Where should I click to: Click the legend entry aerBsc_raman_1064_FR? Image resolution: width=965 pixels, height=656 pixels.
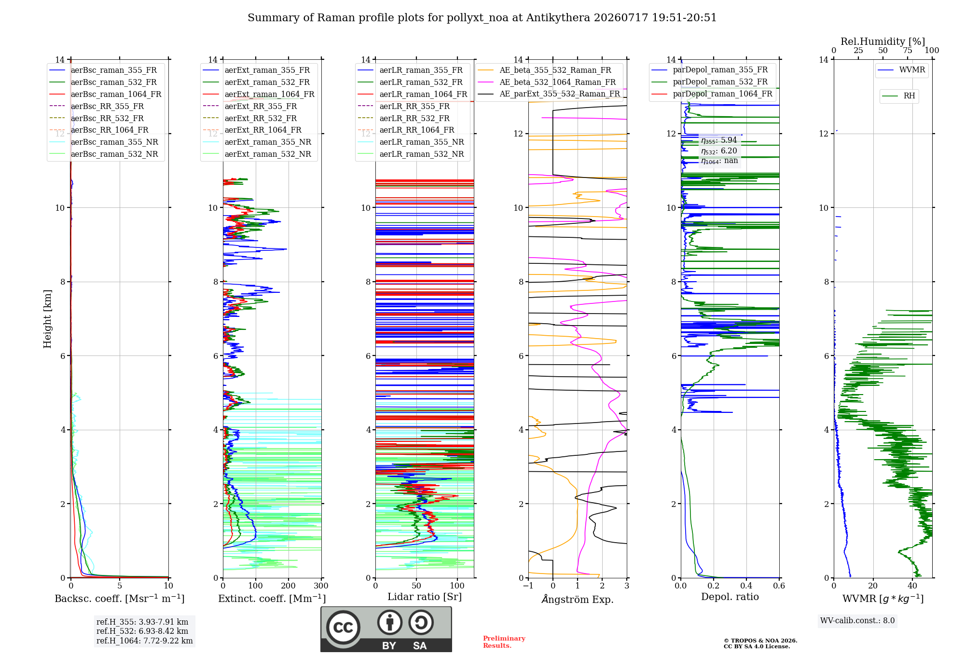tap(105, 94)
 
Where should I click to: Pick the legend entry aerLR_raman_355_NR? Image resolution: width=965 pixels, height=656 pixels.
tap(411, 142)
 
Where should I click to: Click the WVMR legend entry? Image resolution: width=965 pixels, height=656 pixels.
tap(901, 70)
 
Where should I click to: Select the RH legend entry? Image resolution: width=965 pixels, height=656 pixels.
tap(898, 96)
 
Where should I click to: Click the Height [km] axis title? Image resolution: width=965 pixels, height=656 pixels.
tap(47, 319)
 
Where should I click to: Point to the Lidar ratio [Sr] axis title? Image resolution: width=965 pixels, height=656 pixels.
tap(425, 597)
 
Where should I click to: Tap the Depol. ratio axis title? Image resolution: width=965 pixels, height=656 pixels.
tap(730, 597)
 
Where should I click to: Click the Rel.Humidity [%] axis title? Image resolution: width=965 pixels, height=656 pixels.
tap(883, 41)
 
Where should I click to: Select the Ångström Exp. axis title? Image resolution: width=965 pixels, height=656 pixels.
tap(578, 599)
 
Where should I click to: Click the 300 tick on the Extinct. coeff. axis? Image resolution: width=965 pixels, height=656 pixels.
tap(321, 586)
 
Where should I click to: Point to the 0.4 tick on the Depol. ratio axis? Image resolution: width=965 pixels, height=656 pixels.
tap(746, 586)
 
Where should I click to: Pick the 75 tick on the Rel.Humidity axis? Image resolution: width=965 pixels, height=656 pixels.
tap(908, 50)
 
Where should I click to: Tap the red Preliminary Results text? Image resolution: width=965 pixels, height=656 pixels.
tap(504, 642)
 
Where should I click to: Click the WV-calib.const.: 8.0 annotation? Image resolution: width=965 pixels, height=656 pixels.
tap(857, 621)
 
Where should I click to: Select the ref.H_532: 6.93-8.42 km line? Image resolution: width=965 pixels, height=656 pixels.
tap(142, 631)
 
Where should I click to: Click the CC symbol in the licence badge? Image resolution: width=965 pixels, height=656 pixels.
tap(344, 628)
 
